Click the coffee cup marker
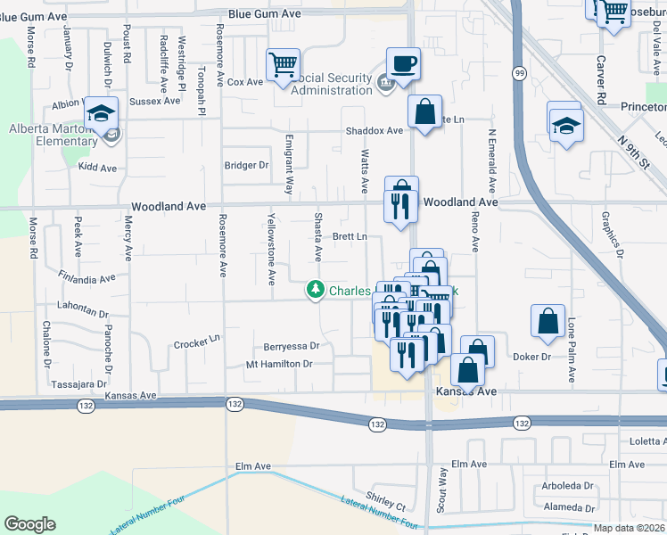click(403, 64)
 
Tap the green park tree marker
click(316, 290)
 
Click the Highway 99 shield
click(518, 71)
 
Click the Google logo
click(29, 524)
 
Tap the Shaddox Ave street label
click(375, 130)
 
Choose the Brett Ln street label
click(350, 237)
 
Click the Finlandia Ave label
click(86, 277)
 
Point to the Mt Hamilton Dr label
click(279, 364)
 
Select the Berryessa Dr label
click(292, 346)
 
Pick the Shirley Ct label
click(385, 495)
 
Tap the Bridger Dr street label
click(246, 165)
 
